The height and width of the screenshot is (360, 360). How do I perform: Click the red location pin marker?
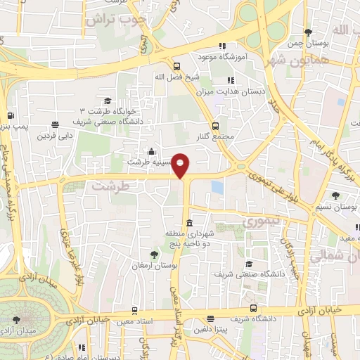181,165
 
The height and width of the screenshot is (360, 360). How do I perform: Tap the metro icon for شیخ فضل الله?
175,66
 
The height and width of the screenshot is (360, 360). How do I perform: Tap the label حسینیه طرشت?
148,161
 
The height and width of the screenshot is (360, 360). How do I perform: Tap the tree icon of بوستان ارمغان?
154,254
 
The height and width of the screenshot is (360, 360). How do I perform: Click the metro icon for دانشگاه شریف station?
253,307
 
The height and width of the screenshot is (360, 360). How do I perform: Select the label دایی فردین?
56,134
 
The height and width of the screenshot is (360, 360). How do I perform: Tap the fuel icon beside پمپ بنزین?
10,116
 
